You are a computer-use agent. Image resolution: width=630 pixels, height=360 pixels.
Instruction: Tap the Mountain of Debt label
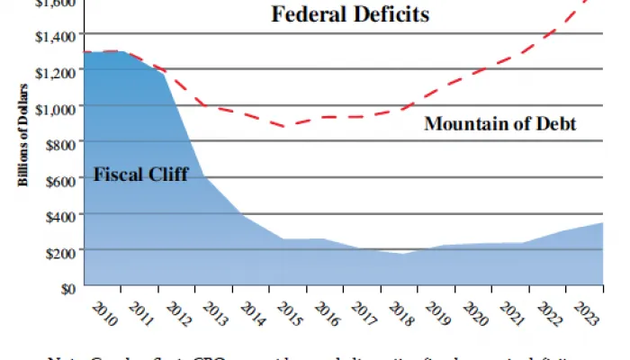coord(499,123)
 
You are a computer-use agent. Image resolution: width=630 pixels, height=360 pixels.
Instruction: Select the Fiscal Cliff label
coord(141,175)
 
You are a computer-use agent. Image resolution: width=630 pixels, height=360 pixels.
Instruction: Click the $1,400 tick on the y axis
coord(52,33)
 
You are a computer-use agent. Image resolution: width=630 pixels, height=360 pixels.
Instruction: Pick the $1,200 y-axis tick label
coord(52,70)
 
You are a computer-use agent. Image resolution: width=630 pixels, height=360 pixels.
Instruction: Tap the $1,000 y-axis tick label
coord(52,106)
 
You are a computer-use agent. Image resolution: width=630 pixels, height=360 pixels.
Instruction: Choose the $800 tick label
coord(58,142)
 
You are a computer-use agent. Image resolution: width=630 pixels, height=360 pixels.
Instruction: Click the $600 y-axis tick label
coord(58,178)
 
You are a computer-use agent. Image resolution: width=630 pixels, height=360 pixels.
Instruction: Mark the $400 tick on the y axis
coord(58,214)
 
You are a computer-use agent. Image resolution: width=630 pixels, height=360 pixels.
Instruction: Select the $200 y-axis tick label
coord(58,251)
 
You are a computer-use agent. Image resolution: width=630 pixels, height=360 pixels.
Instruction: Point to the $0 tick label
coord(65,287)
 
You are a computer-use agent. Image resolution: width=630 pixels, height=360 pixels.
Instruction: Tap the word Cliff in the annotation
coord(167,175)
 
